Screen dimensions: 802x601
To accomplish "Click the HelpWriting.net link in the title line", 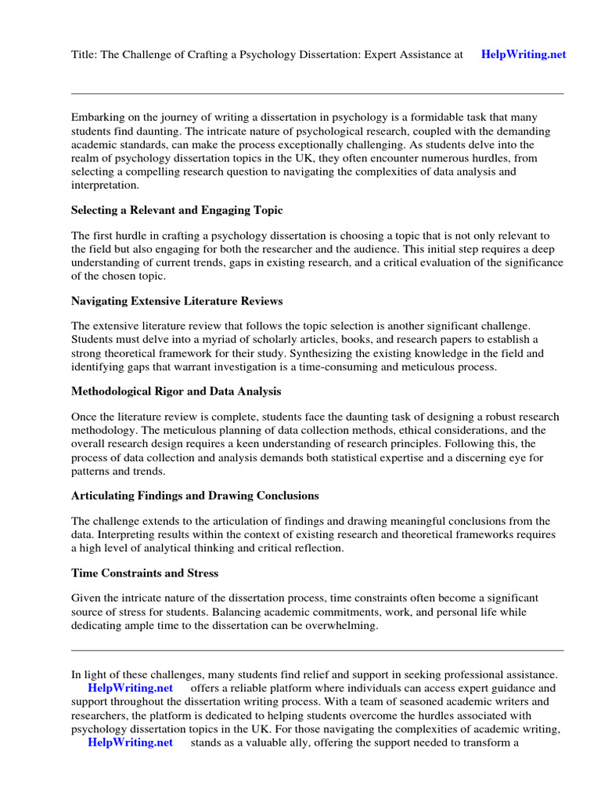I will [x=523, y=55].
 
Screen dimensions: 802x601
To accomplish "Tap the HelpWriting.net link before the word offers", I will [x=131, y=688].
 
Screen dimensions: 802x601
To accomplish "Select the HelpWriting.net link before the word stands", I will [x=130, y=742].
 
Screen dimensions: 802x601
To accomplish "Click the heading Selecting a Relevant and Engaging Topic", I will [x=177, y=211].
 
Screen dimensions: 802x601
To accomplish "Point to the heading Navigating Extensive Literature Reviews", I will [x=177, y=301].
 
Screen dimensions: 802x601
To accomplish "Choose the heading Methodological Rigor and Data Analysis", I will [x=176, y=391].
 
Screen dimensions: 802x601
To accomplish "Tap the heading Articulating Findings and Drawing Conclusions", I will [x=195, y=496].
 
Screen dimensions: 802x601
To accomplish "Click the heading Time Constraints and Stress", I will [x=145, y=573].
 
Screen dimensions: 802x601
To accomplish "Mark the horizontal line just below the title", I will [x=317, y=94].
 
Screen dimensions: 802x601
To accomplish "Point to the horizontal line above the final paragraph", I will [x=317, y=650].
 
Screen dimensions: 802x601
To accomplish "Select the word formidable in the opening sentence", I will [x=448, y=117].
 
